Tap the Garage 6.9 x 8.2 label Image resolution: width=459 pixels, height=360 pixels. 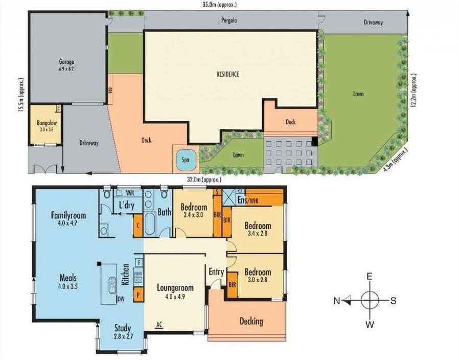point(66,65)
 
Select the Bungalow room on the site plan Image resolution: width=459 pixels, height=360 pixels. point(45,125)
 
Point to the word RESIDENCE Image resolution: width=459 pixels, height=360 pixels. point(228,74)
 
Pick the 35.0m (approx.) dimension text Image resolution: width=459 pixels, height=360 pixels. point(219,5)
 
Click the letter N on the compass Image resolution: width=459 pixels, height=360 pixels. point(337,301)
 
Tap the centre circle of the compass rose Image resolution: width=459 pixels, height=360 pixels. point(370,300)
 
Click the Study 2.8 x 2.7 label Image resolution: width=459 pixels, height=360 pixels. point(123,332)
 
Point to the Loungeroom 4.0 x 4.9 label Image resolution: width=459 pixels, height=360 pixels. point(176,291)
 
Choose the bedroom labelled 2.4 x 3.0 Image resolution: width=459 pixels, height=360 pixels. point(193,211)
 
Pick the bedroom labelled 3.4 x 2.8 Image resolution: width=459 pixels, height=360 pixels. point(257,230)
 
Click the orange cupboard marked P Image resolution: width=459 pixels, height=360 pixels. point(137,295)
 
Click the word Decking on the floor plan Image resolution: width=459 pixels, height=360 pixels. point(251,321)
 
